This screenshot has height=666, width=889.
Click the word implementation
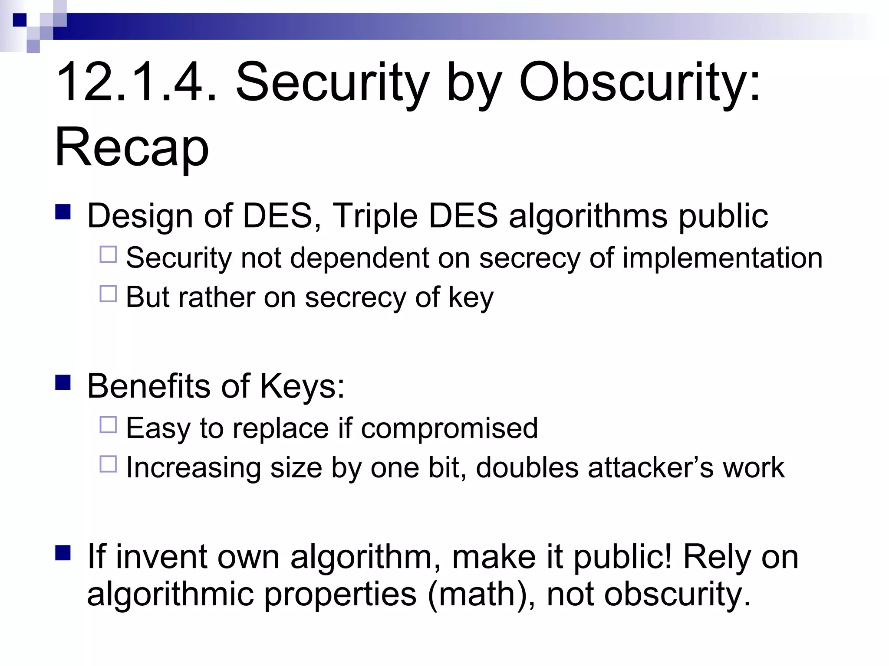point(722,258)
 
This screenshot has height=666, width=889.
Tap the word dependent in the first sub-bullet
point(359,258)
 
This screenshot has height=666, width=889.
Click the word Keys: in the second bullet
point(302,385)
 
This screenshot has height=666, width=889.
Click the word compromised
point(449,428)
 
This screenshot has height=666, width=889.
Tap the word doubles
point(527,468)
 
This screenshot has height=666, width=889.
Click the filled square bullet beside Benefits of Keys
point(63,383)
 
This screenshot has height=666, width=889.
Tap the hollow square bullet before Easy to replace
point(108,425)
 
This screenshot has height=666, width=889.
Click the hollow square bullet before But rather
point(108,294)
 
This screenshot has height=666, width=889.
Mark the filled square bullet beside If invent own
point(63,553)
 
